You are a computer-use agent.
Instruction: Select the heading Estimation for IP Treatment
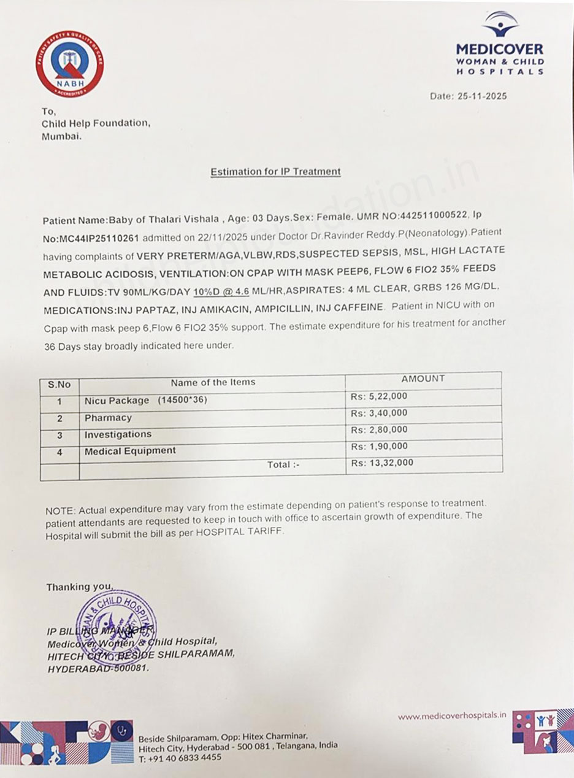(275, 172)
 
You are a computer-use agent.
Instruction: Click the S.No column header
(59, 385)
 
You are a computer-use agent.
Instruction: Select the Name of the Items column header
(213, 382)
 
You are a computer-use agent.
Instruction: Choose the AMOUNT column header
(423, 379)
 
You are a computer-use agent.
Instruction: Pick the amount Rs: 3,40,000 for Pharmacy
(378, 413)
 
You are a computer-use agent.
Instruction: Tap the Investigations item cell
(118, 434)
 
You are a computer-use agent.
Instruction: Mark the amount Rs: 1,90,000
(378, 446)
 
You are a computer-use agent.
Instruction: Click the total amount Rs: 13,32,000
(381, 463)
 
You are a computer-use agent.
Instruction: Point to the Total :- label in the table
(283, 464)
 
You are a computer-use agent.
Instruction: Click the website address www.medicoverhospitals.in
(451, 715)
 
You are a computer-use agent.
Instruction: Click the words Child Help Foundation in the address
(95, 123)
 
